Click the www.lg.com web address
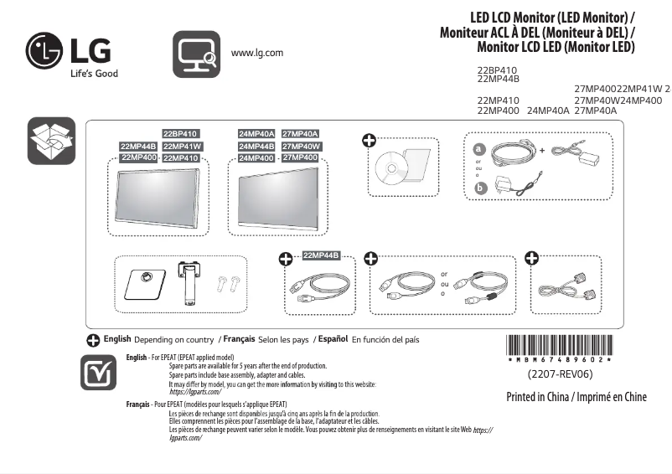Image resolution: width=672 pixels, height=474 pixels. (256, 53)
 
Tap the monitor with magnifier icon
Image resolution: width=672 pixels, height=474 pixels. (196, 54)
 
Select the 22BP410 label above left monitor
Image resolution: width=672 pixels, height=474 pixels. (180, 134)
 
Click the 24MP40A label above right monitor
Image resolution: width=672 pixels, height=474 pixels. (256, 134)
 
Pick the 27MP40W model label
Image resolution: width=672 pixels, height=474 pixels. (301, 147)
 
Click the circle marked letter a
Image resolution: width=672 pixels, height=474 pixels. (480, 148)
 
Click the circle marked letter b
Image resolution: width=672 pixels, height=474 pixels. (480, 188)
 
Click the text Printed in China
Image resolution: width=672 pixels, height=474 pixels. (538, 397)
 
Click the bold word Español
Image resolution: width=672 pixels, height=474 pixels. (333, 339)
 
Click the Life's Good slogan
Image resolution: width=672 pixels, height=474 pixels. (93, 74)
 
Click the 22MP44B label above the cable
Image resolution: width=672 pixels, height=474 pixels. (321, 255)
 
